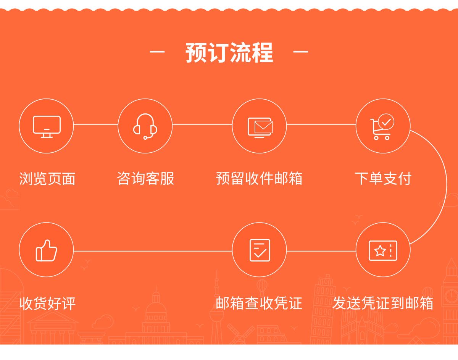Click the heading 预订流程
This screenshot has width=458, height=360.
pos(229,52)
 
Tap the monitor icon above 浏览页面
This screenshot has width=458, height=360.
pos(47,127)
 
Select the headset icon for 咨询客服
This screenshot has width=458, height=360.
pos(145,126)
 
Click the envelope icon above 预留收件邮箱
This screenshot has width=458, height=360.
pos(260,128)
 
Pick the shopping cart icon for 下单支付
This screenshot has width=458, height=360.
pos(382,126)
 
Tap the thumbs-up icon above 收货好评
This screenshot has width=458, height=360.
pos(46,250)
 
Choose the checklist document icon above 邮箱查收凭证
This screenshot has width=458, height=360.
pos(260,250)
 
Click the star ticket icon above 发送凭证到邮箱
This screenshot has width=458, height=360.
pos(383,250)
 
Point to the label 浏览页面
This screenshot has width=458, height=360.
pos(47,179)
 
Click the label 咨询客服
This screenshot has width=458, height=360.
pos(145,178)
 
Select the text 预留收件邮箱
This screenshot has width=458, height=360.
pos(259,178)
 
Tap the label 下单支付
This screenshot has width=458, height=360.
pos(383,178)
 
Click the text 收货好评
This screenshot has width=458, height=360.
pos(47,303)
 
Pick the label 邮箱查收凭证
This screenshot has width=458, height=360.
pos(259,303)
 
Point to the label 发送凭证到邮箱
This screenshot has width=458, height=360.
pos(383,303)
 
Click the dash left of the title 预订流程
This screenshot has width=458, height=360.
pos(157,51)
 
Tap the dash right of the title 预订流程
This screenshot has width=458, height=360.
pos(301,51)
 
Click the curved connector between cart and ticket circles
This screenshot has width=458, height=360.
pos(447,187)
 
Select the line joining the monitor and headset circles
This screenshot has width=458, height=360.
pos(96,124)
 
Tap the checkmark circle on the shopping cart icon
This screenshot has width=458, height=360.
pos(386,122)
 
